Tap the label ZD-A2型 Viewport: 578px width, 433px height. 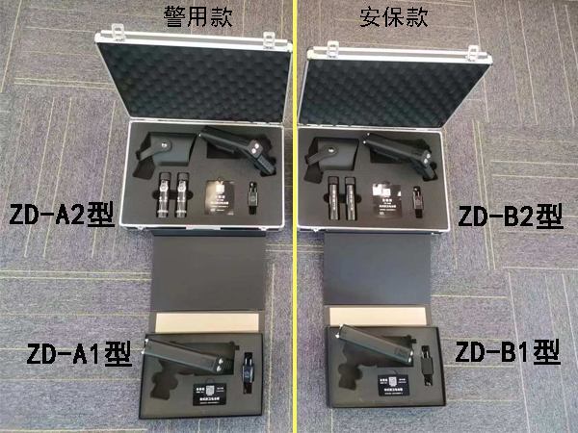point(61,214)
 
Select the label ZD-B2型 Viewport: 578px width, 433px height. point(510,216)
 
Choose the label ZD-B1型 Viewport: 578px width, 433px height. point(507,351)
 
